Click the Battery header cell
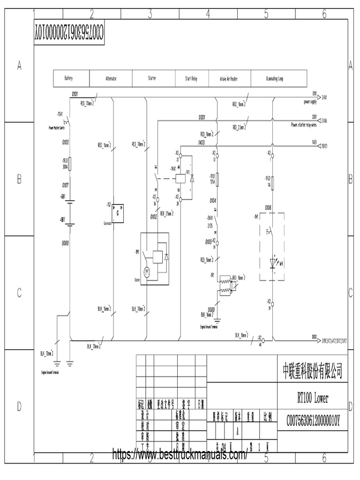coord(68,79)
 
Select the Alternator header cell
coord(111,79)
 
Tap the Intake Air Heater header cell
coord(229,79)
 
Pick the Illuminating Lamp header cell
coord(274,79)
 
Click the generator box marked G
coord(117,211)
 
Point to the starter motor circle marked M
coord(146,271)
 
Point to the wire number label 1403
coord(202,142)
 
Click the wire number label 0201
coord(202,116)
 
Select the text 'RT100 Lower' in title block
coord(312,398)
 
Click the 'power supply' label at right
coord(310,101)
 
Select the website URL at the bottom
coord(180,454)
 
